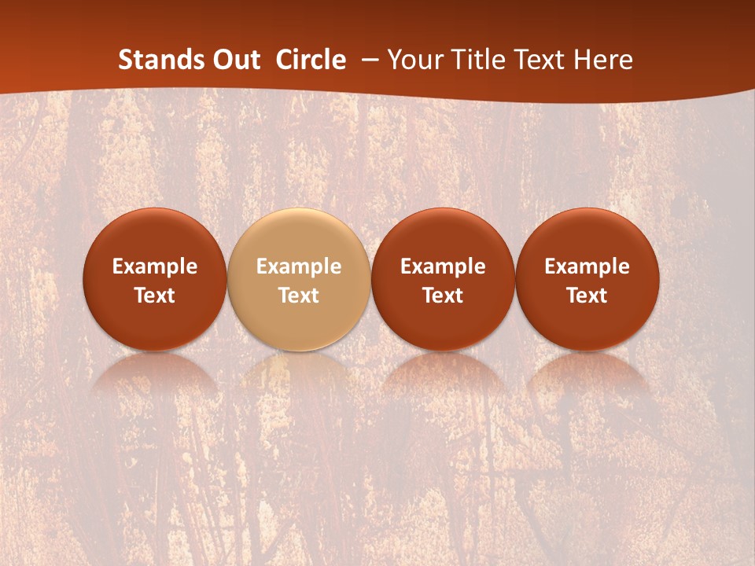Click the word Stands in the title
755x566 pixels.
click(157, 60)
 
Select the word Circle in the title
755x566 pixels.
click(311, 60)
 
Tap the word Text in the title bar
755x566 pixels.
click(540, 60)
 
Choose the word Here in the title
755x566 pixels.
click(603, 60)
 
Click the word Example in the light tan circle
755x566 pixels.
click(299, 266)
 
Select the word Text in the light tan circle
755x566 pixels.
click(299, 296)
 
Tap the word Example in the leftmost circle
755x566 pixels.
click(155, 266)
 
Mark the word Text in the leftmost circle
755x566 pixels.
click(155, 296)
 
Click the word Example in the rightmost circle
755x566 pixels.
click(587, 266)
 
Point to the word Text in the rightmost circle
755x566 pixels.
click(587, 296)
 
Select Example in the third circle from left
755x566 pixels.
click(443, 266)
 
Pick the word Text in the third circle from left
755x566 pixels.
click(443, 296)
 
